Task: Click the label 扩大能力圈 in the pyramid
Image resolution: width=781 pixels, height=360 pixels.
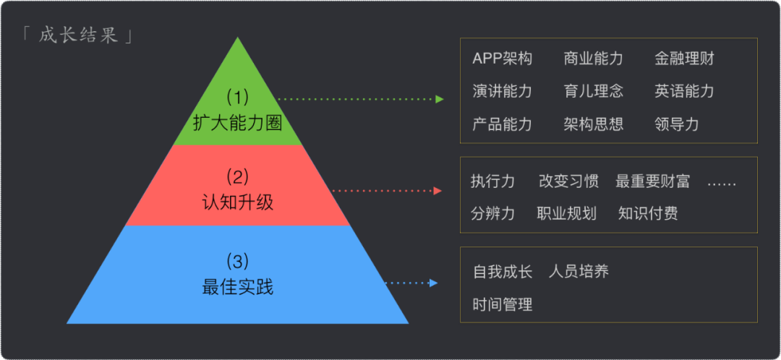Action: [237, 122]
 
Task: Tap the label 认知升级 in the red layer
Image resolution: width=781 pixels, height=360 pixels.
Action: [237, 202]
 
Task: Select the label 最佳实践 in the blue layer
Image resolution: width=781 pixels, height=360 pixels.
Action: [237, 287]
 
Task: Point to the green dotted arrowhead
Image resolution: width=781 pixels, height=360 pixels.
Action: [440, 99]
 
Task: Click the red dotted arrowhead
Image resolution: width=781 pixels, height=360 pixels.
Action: [438, 191]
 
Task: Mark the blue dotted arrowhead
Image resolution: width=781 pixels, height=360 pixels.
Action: [434, 283]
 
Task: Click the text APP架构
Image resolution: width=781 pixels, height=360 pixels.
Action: [502, 59]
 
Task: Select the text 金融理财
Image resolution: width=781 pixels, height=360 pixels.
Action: [684, 59]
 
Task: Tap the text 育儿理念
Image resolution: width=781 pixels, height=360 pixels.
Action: [593, 91]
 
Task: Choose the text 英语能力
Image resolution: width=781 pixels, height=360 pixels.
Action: [684, 91]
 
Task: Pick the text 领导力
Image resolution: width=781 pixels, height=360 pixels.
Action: [677, 124]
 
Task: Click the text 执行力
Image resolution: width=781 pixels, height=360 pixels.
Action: [492, 181]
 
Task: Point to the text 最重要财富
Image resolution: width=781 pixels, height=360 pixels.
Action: [652, 181]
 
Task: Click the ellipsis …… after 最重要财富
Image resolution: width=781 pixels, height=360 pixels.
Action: [721, 182]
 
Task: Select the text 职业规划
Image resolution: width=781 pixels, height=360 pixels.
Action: [566, 213]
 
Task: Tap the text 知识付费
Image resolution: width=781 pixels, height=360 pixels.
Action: [648, 213]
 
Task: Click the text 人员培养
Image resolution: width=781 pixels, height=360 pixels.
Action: [579, 272]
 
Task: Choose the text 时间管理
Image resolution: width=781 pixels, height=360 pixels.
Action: [502, 304]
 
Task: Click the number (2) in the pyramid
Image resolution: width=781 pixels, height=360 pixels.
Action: [237, 176]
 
